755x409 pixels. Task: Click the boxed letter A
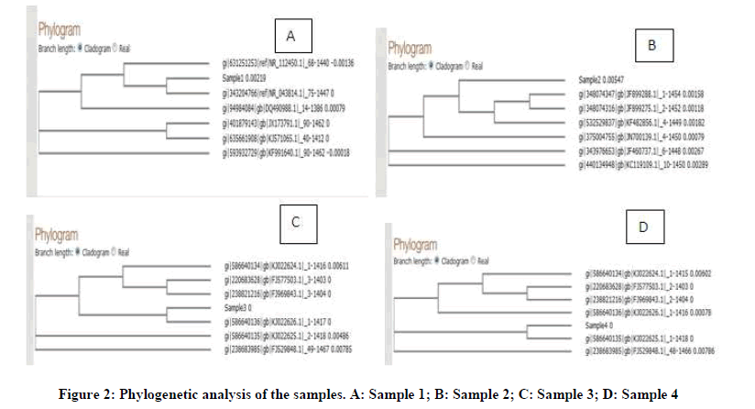pyautogui.click(x=290, y=37)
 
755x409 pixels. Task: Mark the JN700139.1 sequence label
pyautogui.click(x=644, y=136)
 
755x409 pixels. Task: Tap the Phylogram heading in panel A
pyautogui.click(x=44, y=30)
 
